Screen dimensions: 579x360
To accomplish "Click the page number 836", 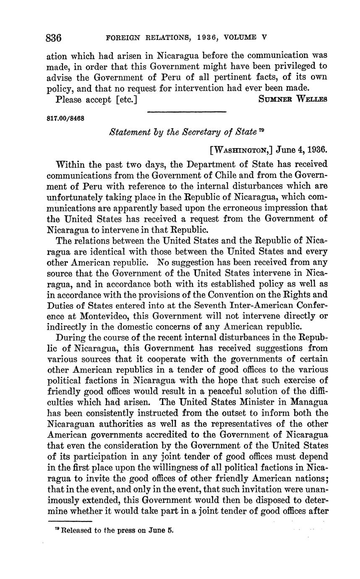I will [54, 38].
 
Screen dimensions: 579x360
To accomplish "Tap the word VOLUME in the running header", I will [243, 37].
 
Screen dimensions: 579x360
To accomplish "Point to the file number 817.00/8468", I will [65, 118].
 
